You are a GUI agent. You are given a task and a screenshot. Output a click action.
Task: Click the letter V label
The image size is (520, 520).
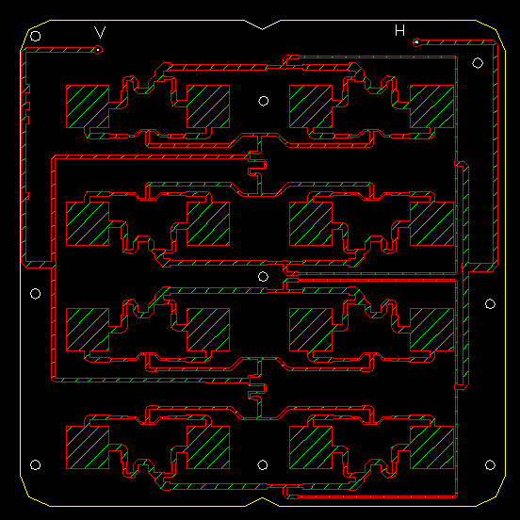pos(100,32)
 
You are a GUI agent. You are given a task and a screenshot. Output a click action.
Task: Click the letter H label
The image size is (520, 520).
pos(400,30)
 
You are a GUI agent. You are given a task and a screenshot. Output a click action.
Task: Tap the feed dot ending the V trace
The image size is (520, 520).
pos(98,50)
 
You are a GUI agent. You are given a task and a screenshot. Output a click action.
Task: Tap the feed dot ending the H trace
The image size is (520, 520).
pos(416,42)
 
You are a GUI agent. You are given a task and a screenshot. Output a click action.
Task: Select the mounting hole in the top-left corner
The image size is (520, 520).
pos(36,36)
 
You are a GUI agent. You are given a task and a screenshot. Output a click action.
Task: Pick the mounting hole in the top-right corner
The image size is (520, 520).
pos(478,63)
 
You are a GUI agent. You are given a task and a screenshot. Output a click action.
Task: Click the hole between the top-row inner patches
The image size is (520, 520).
pos(264,101)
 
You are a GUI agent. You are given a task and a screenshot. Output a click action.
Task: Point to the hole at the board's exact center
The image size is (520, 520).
pos(263,276)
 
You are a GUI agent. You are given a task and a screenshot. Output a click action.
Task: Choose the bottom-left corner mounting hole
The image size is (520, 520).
pos(36,465)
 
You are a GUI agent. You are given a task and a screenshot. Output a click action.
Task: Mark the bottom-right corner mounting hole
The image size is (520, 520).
pos(490,465)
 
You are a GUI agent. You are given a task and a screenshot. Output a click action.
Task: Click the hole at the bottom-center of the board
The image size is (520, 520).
pos(262,465)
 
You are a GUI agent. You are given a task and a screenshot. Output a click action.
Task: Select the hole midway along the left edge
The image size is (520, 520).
pos(36,294)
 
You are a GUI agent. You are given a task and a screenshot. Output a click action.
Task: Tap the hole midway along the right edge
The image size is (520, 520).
pos(490,303)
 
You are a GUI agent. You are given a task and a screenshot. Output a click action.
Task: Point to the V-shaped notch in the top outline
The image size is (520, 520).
pos(262,29)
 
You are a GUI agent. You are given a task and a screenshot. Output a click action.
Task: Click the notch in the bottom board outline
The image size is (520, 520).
pos(262,498)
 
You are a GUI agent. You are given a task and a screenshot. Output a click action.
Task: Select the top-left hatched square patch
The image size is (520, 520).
pos(88,106)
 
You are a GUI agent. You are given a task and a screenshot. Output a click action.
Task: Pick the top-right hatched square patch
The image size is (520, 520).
pos(431,106)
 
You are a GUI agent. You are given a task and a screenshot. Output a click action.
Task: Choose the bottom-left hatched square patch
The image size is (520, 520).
pos(88,447)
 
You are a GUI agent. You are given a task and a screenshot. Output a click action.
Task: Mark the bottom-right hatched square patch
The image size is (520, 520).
pos(431,447)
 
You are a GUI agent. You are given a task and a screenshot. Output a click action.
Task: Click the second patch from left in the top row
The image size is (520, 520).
pos(208,106)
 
